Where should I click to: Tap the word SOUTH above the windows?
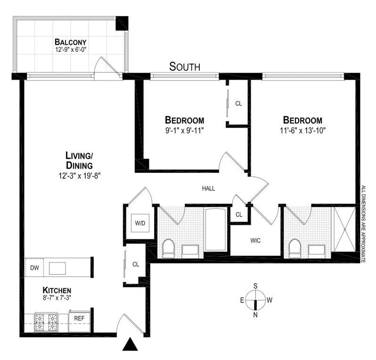click(x=185, y=67)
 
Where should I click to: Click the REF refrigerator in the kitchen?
click(x=80, y=319)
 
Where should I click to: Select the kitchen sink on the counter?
click(x=58, y=268)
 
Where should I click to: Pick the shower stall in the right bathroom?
click(x=345, y=229)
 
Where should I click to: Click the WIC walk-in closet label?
click(x=255, y=240)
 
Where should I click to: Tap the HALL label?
click(x=208, y=188)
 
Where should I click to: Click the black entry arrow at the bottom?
click(x=130, y=345)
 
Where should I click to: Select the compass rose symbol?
click(x=255, y=300)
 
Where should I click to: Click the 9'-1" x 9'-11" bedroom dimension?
click(x=184, y=130)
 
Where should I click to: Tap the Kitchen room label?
click(x=57, y=290)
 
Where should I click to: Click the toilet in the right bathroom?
click(x=295, y=247)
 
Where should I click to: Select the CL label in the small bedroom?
click(x=238, y=103)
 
